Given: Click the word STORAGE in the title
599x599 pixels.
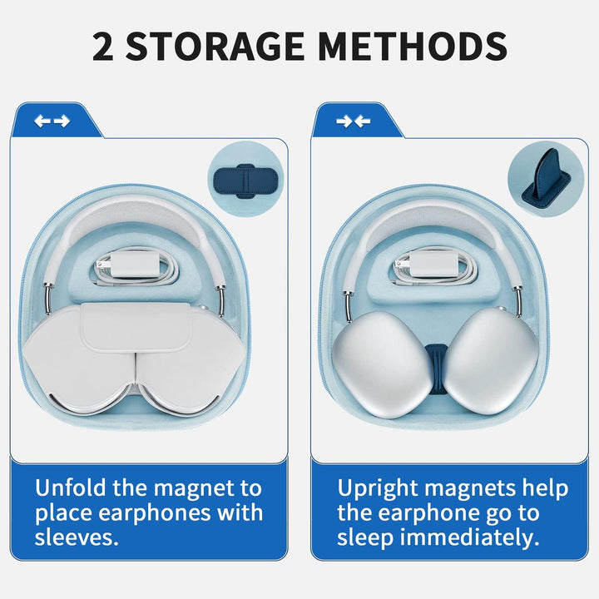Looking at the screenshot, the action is pos(215,47).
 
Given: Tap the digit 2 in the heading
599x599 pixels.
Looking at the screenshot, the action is pos(103,47).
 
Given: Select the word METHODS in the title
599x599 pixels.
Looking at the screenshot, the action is pos(412,47).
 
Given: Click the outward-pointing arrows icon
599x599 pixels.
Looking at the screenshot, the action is pos(52,121).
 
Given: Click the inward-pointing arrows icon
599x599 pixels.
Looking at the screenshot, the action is pos(354,121).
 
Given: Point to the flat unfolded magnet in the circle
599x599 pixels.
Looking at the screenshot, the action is pos(245,181).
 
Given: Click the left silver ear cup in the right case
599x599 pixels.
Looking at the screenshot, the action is pos(382,363).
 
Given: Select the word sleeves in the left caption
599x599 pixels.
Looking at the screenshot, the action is pos(77,537).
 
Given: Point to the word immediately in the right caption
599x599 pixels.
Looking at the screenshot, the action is pos(469,538).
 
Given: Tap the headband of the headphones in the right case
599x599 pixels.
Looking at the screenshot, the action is pos(433,217).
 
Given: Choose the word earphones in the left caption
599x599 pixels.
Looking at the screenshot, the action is pos(156,513).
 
